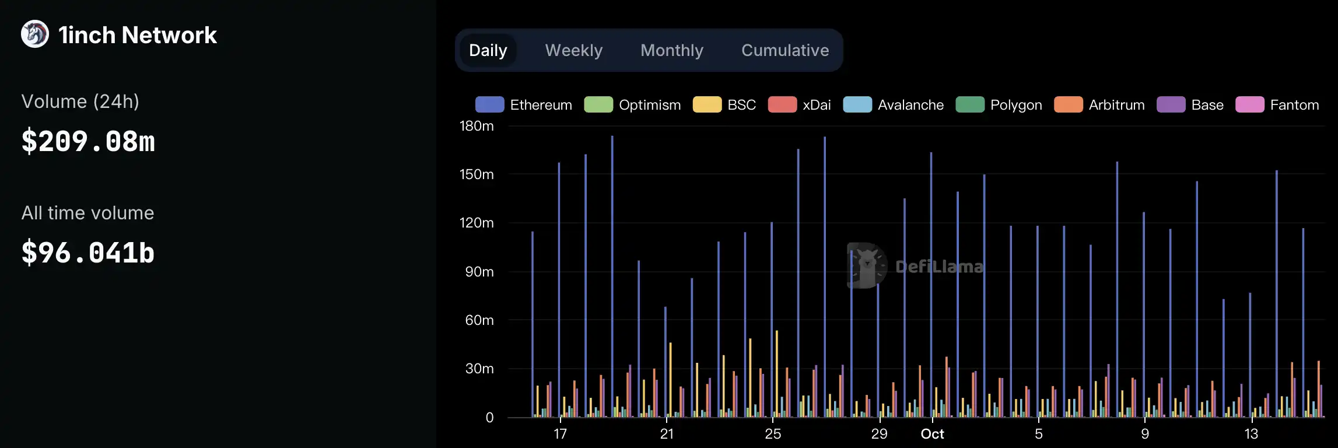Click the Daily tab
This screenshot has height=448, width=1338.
pos(488,51)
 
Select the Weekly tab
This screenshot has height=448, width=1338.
pos(573,51)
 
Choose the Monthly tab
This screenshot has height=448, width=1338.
pos(671,51)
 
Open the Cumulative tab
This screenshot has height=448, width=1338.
pos(784,51)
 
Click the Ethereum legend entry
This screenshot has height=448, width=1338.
pos(523,105)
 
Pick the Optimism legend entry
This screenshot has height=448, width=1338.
pos(632,105)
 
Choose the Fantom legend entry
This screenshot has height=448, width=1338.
pos(1277,105)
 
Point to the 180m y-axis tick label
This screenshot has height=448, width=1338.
pos(477,126)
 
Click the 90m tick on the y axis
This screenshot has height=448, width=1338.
pos(479,272)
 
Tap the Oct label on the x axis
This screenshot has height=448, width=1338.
pos(932,434)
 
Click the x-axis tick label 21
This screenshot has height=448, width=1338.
pos(667,434)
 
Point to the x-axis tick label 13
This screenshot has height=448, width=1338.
pos(1251,434)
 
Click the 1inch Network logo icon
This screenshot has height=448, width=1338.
pos(35,34)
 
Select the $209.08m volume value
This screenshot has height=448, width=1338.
pos(88,142)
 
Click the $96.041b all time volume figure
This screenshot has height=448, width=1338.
pos(88,253)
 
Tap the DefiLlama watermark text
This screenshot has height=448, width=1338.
pos(939,267)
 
